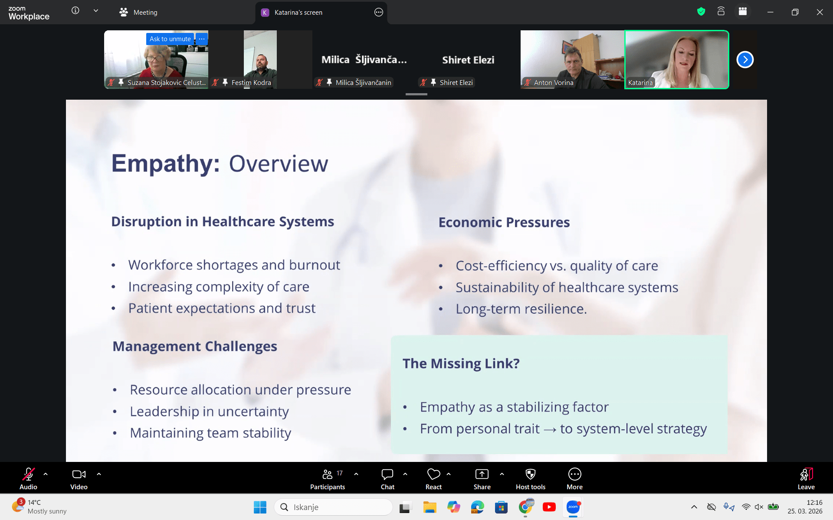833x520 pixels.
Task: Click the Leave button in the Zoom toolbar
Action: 806,474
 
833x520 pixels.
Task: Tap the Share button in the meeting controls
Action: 482,474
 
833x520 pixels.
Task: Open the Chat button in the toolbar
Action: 387,474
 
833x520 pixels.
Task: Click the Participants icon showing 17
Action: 328,474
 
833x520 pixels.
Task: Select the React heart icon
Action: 433,474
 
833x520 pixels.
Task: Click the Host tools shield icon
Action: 531,474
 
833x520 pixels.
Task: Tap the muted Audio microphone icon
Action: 28,474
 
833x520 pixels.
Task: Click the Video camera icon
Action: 79,474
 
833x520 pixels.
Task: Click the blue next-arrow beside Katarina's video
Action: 745,60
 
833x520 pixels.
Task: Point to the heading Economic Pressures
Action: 504,222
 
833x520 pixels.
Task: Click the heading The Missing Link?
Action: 461,363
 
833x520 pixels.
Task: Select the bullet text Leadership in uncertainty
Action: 209,411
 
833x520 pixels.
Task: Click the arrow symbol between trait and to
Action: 550,429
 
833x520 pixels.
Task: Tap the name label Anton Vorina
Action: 554,82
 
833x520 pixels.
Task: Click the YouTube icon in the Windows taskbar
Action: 549,507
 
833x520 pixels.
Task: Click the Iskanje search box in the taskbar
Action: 333,507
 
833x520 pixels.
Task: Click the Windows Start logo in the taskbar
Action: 260,507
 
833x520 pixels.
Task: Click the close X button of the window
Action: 820,12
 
